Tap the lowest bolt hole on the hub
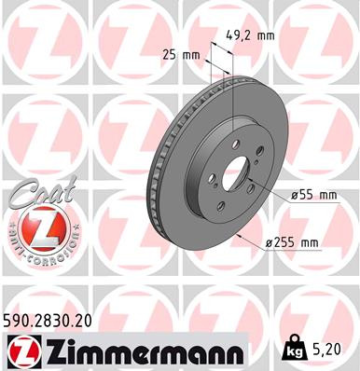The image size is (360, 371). [x=219, y=207]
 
